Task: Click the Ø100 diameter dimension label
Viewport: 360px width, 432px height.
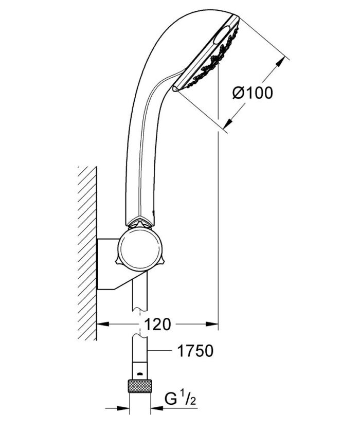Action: tap(253, 93)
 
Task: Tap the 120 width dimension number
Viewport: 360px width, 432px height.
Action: tap(157, 325)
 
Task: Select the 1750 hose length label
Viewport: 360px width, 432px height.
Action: tap(195, 351)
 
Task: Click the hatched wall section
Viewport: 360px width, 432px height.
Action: tap(87, 253)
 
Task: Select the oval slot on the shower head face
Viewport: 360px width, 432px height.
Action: tap(222, 35)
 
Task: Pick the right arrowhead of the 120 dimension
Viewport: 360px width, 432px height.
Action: tap(211, 324)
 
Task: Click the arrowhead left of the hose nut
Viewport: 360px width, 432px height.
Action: tap(123, 408)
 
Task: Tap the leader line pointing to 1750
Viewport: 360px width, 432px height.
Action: tap(160, 350)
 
